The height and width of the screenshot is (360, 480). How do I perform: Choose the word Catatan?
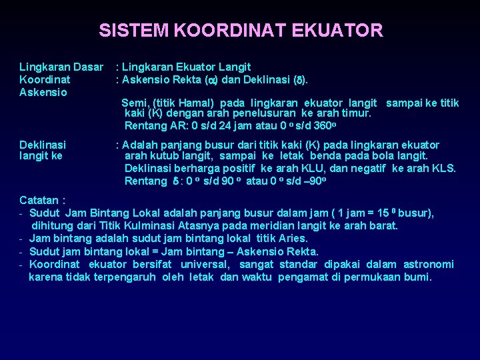coord(39,200)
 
